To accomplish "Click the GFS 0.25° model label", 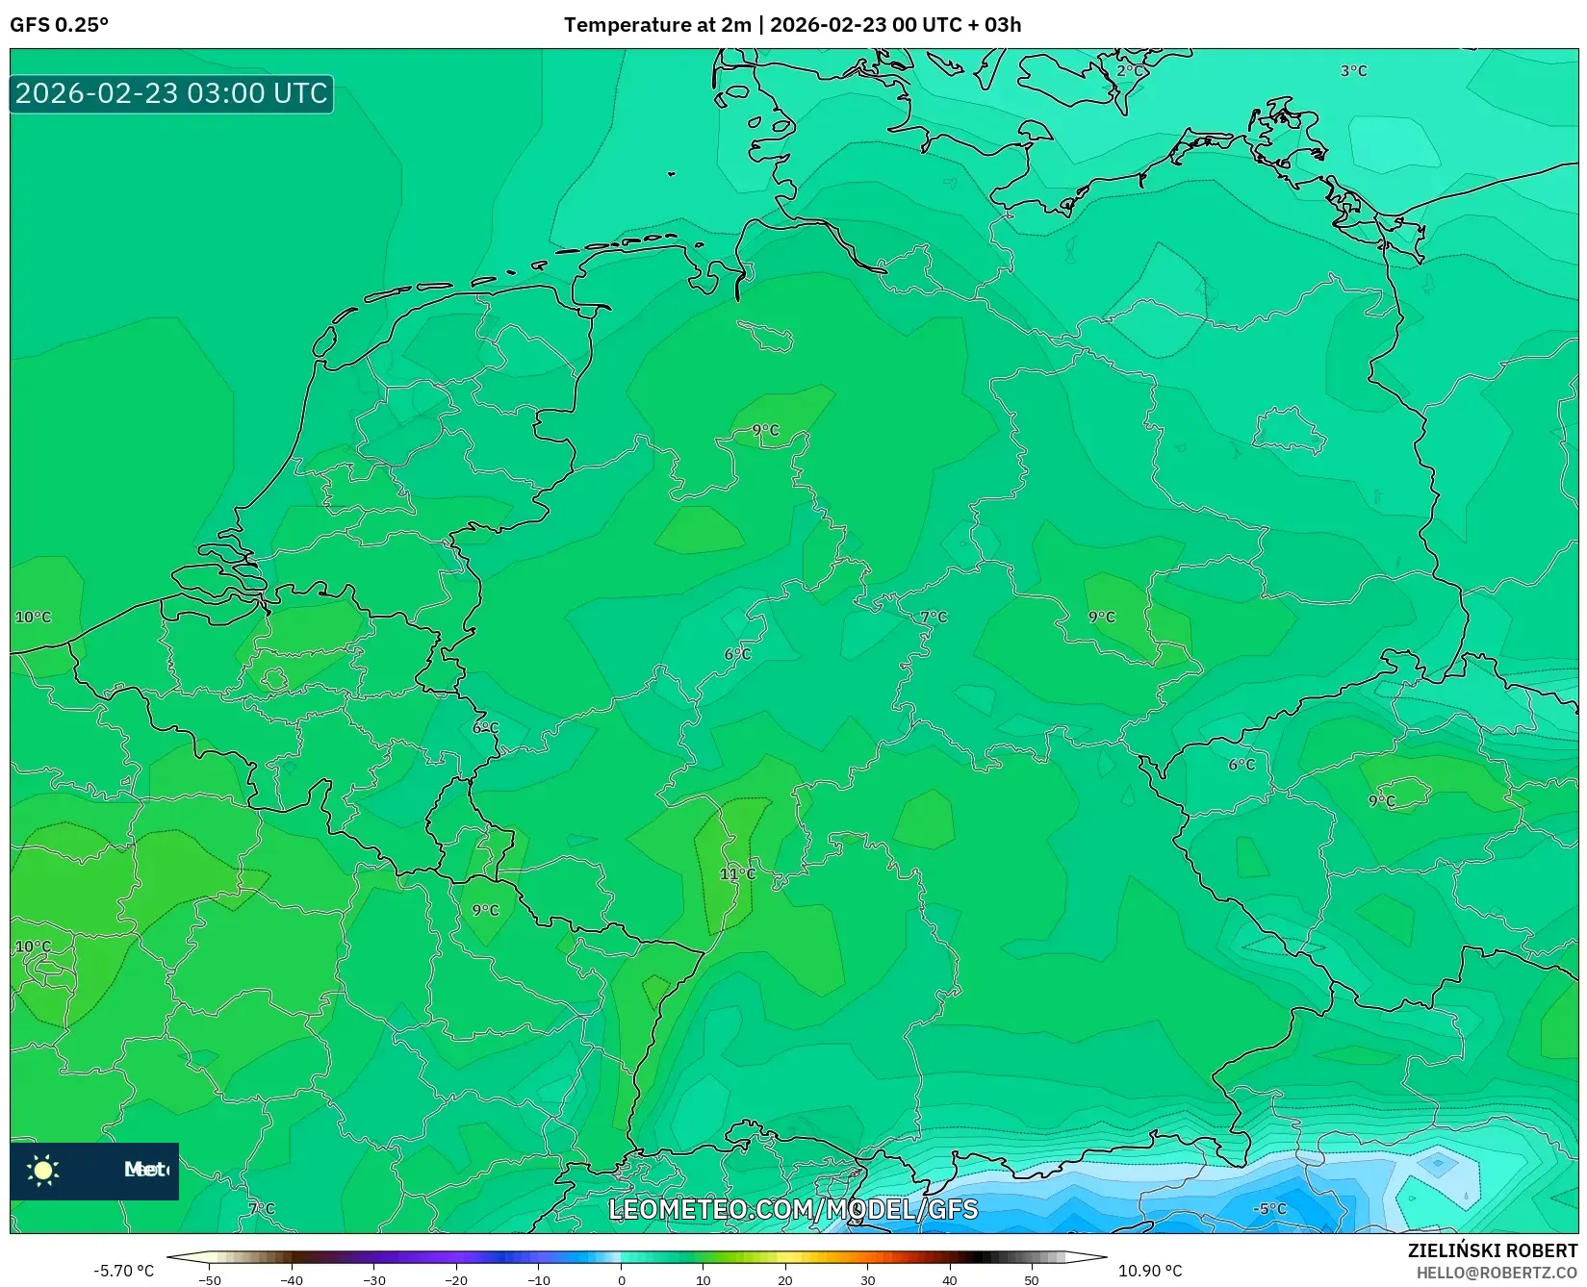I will coord(60,25).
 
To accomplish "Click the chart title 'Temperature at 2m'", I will coord(656,25).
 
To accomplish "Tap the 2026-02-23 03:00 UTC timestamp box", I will coord(171,94).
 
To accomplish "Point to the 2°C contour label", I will coord(1131,71).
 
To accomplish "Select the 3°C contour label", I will coord(1353,71).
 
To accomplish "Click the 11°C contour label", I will coord(737,874).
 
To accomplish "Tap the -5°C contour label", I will coord(1270,1209).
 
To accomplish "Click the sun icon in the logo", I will coord(43,1170).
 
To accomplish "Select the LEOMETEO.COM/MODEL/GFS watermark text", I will coord(793,1209).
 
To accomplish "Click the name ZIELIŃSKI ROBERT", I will coord(1493,1250).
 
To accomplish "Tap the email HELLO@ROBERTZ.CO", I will coord(1497,1273).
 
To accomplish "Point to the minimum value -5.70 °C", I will coord(123,1271).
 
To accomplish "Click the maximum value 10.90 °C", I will coord(1149,1271).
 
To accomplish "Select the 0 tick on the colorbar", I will coord(622,1280).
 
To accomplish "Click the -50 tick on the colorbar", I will coord(210,1280).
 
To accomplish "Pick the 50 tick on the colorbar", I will coord(1032,1280).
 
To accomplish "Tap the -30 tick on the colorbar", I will coord(374,1280).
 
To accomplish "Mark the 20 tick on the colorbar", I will coord(785,1280).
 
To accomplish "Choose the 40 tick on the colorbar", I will coord(950,1280).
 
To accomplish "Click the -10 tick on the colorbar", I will coord(539,1280).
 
